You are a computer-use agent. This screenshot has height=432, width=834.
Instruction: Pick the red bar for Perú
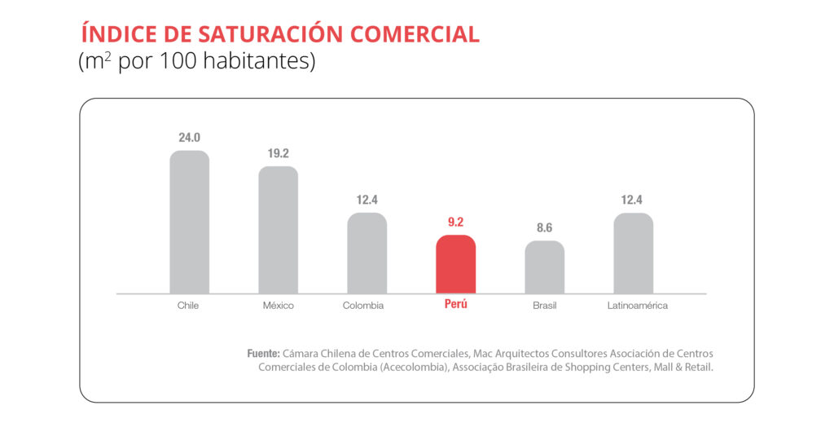tap(455, 264)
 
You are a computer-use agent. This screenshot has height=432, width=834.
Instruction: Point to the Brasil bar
tap(544, 267)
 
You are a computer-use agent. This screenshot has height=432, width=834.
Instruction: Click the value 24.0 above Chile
tap(189, 137)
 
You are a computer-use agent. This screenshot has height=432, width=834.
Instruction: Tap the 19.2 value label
tap(278, 152)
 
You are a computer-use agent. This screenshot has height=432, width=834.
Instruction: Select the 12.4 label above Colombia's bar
tap(367, 200)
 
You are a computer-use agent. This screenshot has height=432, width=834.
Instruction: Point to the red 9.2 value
tap(455, 221)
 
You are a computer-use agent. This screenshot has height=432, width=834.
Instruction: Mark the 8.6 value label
tap(544, 227)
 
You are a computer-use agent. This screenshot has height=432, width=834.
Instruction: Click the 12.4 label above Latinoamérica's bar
tap(633, 200)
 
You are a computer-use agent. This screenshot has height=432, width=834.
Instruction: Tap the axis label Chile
tap(188, 306)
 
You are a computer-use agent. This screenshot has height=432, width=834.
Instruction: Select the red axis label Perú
tap(456, 305)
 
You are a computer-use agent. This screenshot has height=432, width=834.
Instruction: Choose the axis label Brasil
tap(544, 306)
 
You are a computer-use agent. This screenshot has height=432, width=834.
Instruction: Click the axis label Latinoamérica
tap(637, 306)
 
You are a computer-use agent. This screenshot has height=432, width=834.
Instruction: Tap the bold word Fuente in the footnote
tap(263, 354)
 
